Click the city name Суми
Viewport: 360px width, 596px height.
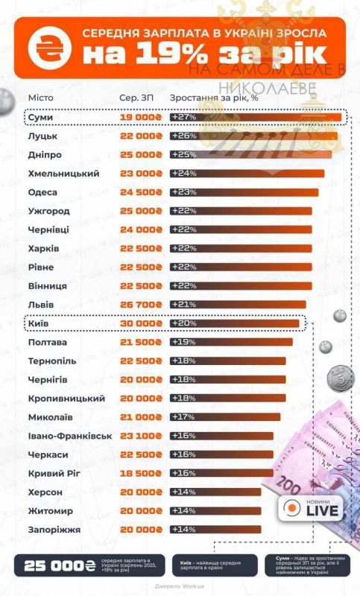40,117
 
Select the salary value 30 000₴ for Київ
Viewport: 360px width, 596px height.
141,323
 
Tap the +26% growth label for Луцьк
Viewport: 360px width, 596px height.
183,136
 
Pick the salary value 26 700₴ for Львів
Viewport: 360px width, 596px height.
141,305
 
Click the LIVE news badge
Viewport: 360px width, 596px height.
312,509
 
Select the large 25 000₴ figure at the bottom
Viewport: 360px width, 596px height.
59,566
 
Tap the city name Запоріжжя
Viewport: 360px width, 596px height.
54,530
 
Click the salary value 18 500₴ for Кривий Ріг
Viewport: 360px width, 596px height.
141,473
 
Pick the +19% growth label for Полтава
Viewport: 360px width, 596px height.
183,342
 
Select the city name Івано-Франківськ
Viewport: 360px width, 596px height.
69,436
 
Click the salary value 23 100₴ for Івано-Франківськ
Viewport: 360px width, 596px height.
141,436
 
